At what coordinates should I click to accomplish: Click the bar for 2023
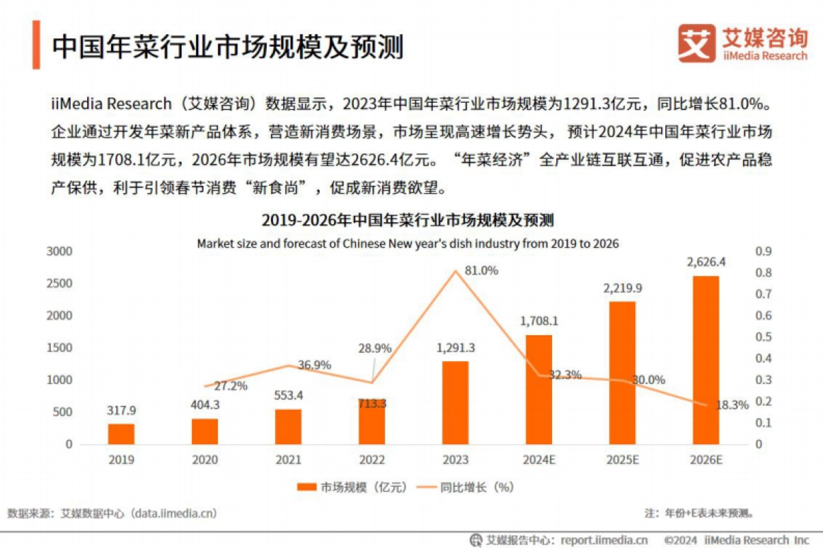click(455, 402)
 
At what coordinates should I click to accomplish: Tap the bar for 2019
click(121, 434)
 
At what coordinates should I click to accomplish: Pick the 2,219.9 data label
click(621, 288)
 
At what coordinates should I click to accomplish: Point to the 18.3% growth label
click(732, 405)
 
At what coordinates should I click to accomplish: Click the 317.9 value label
click(121, 411)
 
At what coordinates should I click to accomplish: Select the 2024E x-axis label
click(538, 460)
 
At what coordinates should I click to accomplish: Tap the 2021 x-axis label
click(288, 460)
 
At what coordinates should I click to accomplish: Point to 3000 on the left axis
click(59, 252)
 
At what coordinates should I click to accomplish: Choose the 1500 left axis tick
click(59, 348)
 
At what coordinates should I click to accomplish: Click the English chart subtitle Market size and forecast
click(407, 243)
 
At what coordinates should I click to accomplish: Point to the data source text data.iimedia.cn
click(176, 513)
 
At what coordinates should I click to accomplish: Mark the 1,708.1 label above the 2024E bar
click(538, 321)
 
